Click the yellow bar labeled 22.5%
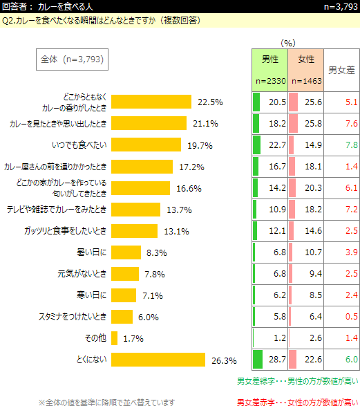[151, 102]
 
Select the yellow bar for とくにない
[158, 360]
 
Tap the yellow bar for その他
[114, 338]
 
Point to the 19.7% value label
[200, 145]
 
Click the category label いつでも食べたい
[79, 145]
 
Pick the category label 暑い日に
[91, 252]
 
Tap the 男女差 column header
[341, 70]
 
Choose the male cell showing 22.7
[270, 145]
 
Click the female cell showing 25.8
[306, 124]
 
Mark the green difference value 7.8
[352, 145]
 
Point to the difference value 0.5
[352, 316]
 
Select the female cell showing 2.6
[306, 338]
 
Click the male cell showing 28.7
[270, 360]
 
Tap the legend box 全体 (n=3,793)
[72, 59]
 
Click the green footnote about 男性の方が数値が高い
[298, 381]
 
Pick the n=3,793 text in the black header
[341, 6]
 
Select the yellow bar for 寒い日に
[124, 295]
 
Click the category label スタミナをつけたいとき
[73, 316]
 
